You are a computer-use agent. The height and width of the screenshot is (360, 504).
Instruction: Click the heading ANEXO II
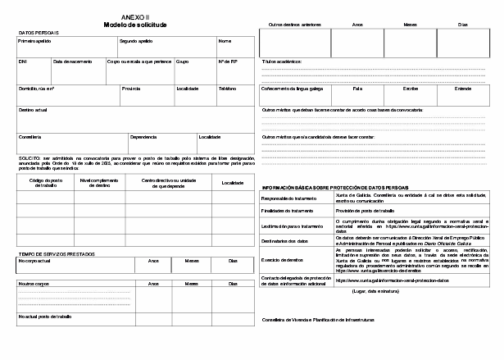pyautogui.click(x=129, y=16)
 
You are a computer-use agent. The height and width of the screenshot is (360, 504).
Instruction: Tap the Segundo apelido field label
pyautogui.click(x=135, y=40)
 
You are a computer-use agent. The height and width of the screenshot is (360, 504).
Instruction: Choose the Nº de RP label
pyautogui.click(x=228, y=62)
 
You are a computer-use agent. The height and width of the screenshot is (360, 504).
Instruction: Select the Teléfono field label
pyautogui.click(x=227, y=88)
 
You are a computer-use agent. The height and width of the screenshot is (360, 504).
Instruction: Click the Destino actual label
pyautogui.click(x=33, y=109)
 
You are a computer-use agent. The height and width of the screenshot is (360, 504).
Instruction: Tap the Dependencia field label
pyautogui.click(x=143, y=137)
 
